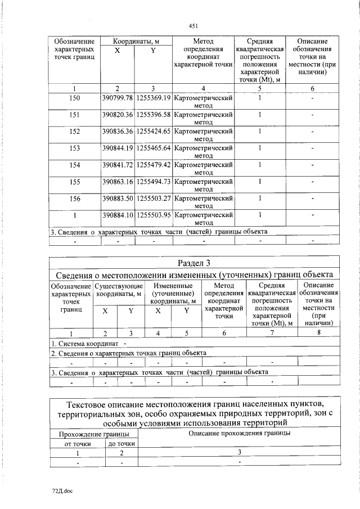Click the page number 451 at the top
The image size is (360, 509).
pos(193,26)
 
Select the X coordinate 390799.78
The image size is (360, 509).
pos(118,98)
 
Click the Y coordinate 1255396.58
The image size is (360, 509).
pos(153,115)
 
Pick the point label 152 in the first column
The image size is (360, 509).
pos(75,132)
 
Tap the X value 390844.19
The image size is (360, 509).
pos(118,148)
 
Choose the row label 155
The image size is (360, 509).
pos(75,182)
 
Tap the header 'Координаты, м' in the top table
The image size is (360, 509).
pos(135,42)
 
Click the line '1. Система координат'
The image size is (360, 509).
pos(84,343)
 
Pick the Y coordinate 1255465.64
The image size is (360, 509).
pos(153,148)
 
